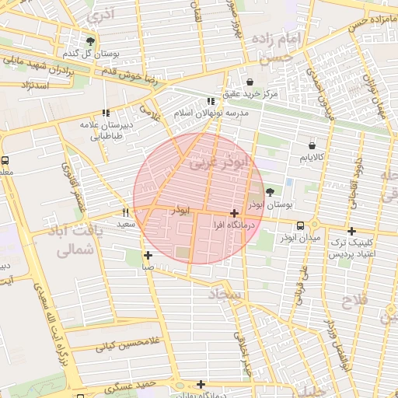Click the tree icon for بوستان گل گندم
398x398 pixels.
[x=91, y=42]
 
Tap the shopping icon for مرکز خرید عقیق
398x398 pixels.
[x=250, y=82]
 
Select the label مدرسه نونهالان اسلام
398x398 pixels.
[x=211, y=113]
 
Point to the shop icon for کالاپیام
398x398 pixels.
[x=312, y=145]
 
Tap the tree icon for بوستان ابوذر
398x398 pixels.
[x=270, y=192]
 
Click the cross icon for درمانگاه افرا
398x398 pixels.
[x=234, y=212]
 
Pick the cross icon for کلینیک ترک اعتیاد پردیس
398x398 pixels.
[x=351, y=231]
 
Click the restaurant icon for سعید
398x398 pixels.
[x=125, y=212]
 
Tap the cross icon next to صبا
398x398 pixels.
[x=148, y=254]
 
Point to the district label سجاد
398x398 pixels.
[x=226, y=293]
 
